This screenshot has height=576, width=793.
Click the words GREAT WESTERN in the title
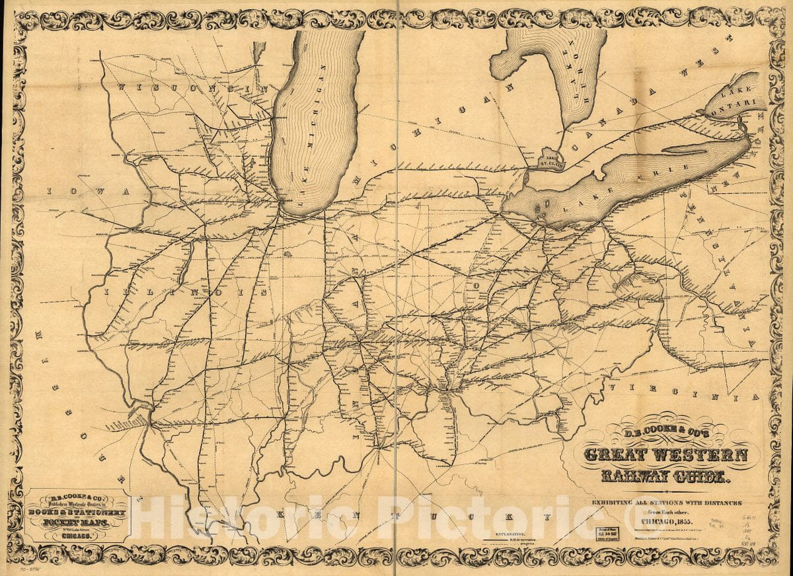coord(665,456)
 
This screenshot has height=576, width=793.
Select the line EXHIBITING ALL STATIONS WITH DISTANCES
coord(665,503)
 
